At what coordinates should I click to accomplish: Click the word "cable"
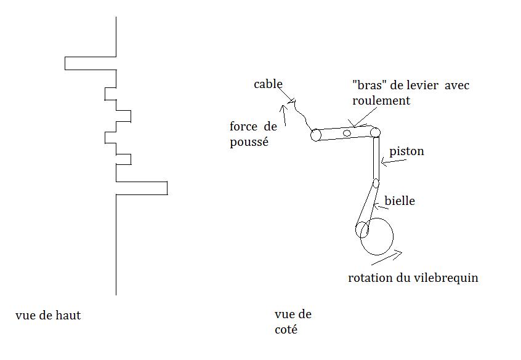pos(268,84)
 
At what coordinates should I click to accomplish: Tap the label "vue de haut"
pos(48,316)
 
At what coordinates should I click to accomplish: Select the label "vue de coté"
pos(293,322)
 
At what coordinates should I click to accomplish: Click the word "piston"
pos(407,151)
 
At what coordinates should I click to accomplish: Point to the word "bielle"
pos(400,201)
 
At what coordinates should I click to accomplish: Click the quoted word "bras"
pos(366,84)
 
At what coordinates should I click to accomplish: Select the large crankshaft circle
pos(376,236)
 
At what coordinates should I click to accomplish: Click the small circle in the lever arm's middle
pos(347,133)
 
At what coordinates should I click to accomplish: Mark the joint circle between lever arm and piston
pos(375,132)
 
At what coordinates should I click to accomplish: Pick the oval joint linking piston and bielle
pos(376,183)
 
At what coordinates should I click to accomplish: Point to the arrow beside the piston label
pos(394,161)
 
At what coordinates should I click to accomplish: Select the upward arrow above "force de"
pos(283,113)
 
